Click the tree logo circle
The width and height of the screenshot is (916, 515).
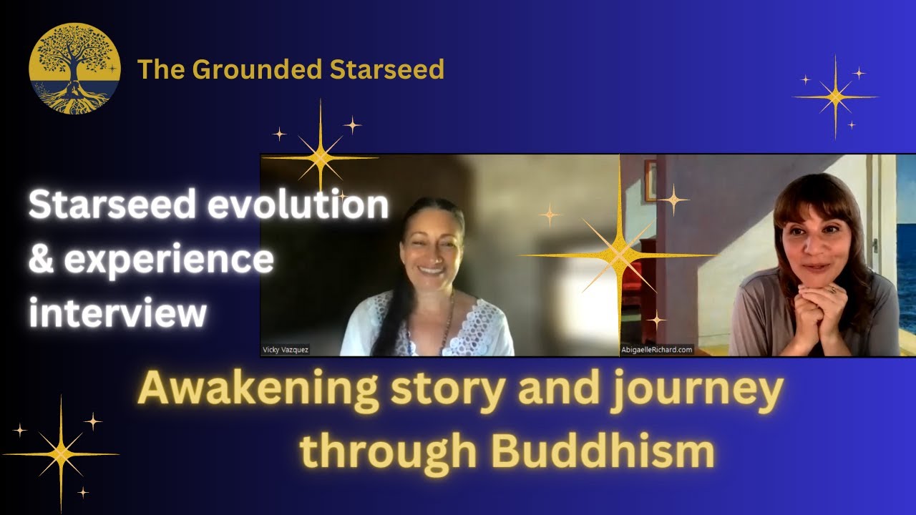click(74, 69)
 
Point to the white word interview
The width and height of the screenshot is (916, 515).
click(118, 313)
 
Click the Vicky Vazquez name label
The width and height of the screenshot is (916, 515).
click(286, 350)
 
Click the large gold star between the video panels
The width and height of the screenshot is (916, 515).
click(618, 254)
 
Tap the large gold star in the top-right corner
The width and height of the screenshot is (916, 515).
click(835, 97)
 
